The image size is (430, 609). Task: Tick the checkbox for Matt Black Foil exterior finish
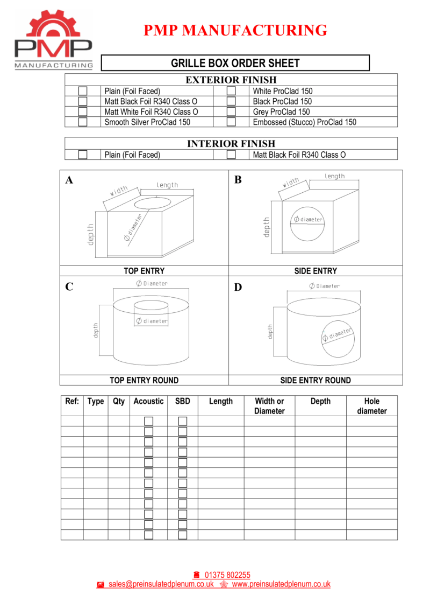coord(83,101)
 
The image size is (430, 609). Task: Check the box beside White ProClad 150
coord(231,91)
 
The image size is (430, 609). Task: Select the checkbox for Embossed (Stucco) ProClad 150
coord(231,122)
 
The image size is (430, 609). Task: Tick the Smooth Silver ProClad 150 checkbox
coord(83,122)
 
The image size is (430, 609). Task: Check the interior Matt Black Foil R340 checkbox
coord(231,155)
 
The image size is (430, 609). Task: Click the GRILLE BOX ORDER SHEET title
coord(235,63)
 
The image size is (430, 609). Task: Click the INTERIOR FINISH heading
coord(231,144)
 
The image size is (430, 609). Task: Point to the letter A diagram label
coord(69,180)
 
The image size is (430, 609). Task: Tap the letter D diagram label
coord(238,288)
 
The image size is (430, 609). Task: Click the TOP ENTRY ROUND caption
coord(144,380)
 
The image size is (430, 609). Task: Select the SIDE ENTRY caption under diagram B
coord(316,271)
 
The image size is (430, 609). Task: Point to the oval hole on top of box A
coord(153,202)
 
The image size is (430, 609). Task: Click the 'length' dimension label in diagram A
coord(167,185)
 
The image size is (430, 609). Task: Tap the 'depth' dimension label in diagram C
coord(96,330)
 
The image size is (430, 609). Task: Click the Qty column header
coord(119,401)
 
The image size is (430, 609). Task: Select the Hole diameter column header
coord(371,406)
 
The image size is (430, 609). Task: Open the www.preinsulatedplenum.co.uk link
coord(281,584)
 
